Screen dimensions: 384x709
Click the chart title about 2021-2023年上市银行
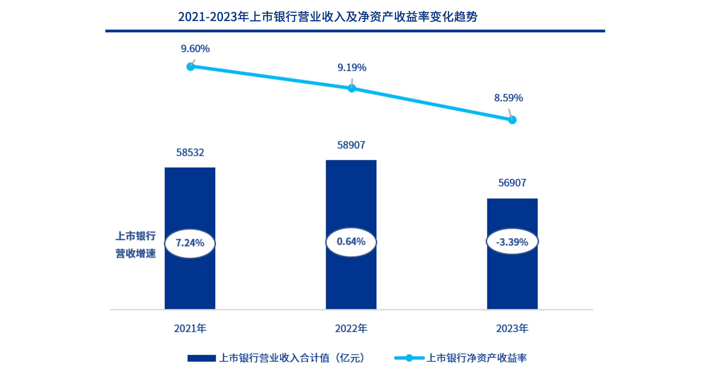[x=328, y=16]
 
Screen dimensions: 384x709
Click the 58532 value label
[x=190, y=152]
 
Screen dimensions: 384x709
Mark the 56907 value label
[x=512, y=183]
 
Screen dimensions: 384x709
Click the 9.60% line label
[x=195, y=49]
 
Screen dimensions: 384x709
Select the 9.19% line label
[x=352, y=67]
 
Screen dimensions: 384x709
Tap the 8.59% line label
[x=508, y=98]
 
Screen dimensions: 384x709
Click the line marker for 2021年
[x=191, y=67]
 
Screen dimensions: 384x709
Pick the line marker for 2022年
[x=351, y=88]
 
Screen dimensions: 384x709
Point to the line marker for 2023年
[x=512, y=120]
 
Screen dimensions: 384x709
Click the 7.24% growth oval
[x=190, y=243]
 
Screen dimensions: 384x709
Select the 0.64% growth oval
[x=351, y=242]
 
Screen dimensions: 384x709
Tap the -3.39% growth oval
[x=512, y=242]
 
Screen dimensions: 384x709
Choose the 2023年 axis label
[x=512, y=328]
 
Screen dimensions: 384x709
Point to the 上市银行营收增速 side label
[x=135, y=244]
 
